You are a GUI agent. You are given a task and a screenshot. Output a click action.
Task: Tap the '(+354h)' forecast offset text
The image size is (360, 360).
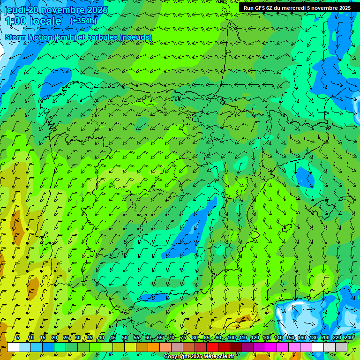pos(83,21)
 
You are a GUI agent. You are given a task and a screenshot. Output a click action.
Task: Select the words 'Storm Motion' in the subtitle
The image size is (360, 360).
pos(28,37)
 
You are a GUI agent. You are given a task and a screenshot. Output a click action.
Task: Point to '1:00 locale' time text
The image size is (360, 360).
pos(33,21)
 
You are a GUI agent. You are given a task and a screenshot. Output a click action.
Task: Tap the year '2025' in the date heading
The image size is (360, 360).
pos(97,10)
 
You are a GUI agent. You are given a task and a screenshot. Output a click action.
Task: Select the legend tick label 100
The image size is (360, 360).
pos(231,338)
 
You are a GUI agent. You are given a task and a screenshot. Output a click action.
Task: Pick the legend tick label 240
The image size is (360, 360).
pos(348,338)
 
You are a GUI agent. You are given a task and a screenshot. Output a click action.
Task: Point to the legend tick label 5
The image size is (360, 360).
pos(18,338)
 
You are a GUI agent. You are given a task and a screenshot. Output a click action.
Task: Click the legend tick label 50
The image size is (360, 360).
pos(124,338)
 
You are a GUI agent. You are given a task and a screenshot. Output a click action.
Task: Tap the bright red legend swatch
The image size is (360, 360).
pos(212,347)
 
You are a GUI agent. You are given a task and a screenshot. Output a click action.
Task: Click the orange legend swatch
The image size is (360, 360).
pos(154,347)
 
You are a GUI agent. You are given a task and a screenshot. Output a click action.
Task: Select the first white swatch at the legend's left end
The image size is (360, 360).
pos(13,347)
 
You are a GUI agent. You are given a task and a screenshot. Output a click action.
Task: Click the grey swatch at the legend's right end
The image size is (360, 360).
pos(341,347)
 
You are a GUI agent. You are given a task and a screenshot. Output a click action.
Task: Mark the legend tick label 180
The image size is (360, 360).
pos(313,338)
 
